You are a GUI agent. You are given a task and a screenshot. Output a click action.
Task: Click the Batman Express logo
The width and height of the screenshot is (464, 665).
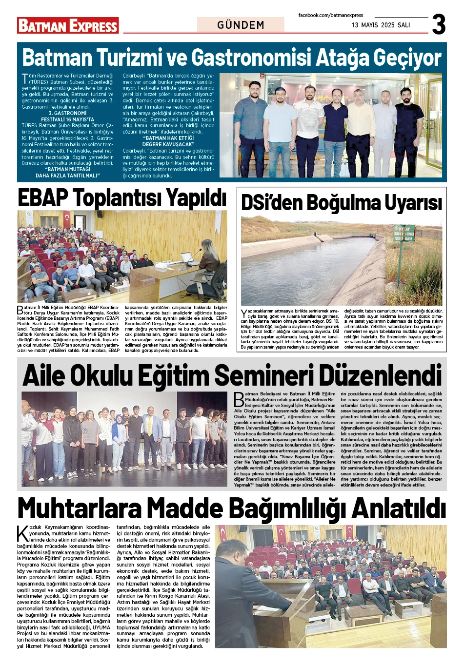[x=68, y=25]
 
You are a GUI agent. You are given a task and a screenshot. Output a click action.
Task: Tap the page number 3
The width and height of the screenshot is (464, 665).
[x=439, y=24]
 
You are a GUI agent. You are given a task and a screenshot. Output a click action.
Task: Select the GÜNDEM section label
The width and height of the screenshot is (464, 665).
[x=241, y=25]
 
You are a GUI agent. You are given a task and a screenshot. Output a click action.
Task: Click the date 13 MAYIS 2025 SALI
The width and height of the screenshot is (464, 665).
[x=381, y=25]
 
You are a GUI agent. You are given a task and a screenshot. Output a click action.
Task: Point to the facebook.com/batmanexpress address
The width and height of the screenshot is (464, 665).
[x=331, y=16]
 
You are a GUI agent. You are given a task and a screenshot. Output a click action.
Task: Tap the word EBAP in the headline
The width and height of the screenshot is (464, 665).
[x=43, y=198]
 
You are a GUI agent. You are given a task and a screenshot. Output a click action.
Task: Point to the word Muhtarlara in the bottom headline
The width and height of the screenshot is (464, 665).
[x=79, y=508]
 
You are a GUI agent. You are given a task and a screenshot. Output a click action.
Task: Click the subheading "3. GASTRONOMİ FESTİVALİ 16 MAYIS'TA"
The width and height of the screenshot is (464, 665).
[x=67, y=116]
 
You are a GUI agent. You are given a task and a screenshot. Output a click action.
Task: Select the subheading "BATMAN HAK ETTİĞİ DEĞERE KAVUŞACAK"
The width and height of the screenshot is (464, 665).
[x=168, y=141]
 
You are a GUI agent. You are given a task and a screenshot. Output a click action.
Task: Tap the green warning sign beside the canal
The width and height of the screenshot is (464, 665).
[x=404, y=233]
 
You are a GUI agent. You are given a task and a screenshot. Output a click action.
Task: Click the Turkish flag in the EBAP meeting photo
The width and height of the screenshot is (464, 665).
[x=66, y=219]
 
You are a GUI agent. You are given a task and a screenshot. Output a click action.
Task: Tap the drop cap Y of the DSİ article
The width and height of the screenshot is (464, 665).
[x=244, y=313]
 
